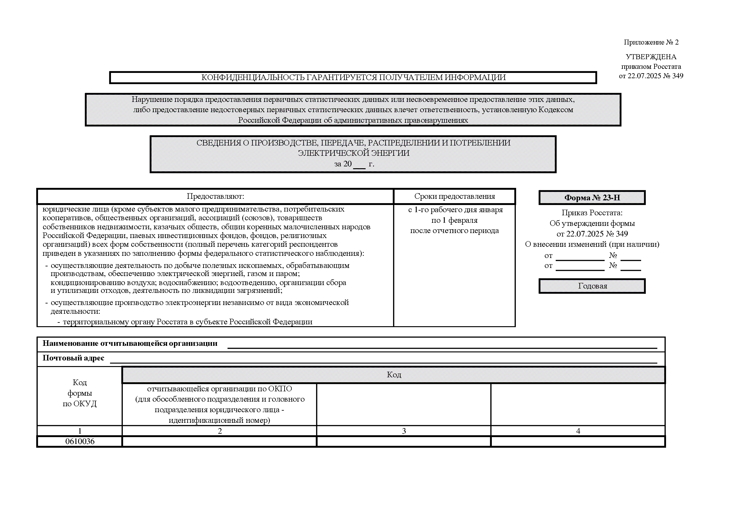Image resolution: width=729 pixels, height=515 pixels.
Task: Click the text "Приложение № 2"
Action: click(x=651, y=42)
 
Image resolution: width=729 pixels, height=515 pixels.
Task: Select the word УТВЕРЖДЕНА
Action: click(x=651, y=57)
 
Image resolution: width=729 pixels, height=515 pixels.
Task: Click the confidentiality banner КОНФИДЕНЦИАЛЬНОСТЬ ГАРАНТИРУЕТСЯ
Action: click(x=353, y=78)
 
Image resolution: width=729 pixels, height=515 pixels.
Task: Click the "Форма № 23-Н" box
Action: click(x=592, y=198)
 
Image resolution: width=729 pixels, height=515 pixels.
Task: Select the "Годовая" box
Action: click(x=592, y=286)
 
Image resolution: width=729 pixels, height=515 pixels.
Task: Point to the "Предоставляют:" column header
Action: click(x=215, y=196)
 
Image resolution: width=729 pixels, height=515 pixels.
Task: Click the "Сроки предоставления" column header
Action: click(x=454, y=196)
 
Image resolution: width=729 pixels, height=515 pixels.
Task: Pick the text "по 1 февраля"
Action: click(x=454, y=220)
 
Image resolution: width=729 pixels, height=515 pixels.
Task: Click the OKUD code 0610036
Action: click(x=80, y=441)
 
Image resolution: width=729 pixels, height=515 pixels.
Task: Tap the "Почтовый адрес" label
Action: click(x=73, y=358)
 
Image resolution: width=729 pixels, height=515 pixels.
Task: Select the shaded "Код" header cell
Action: click(x=394, y=375)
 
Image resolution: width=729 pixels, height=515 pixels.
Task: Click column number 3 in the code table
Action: click(x=404, y=431)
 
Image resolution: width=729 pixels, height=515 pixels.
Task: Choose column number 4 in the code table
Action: click(x=578, y=431)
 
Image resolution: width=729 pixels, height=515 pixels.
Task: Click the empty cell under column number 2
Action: click(x=219, y=441)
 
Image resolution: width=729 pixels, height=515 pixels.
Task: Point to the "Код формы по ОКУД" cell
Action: click(x=80, y=393)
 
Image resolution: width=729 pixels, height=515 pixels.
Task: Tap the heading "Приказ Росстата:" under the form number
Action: click(x=592, y=212)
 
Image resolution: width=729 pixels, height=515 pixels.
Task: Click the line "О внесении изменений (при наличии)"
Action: click(x=592, y=244)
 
